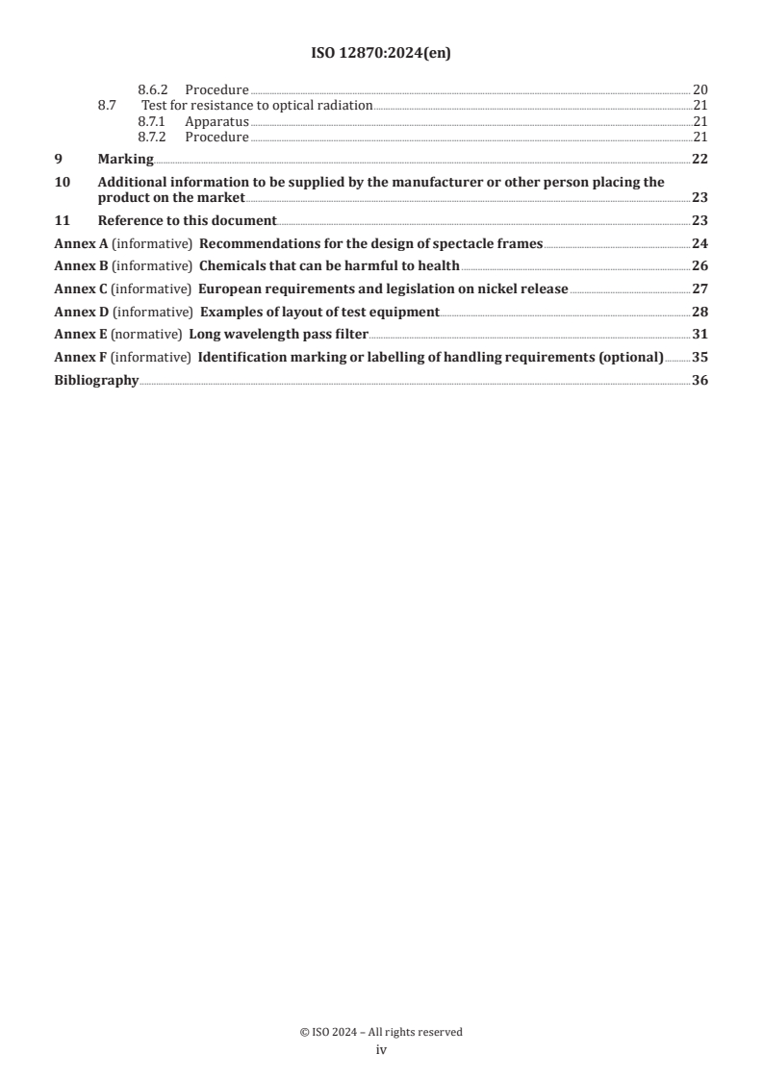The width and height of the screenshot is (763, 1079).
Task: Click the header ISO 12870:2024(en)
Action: pos(381,54)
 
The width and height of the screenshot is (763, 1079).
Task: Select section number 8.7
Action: pos(108,105)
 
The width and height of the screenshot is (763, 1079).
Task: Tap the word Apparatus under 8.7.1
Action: pos(216,121)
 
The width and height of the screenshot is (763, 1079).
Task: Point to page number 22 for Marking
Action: pos(699,159)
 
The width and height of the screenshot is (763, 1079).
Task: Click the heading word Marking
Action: pos(125,159)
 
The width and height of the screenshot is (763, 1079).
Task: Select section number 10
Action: pos(61,181)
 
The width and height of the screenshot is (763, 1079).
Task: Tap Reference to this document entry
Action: pos(187,219)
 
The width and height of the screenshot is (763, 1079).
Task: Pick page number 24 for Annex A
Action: pos(699,242)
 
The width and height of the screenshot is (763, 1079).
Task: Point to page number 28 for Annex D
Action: pos(699,312)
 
